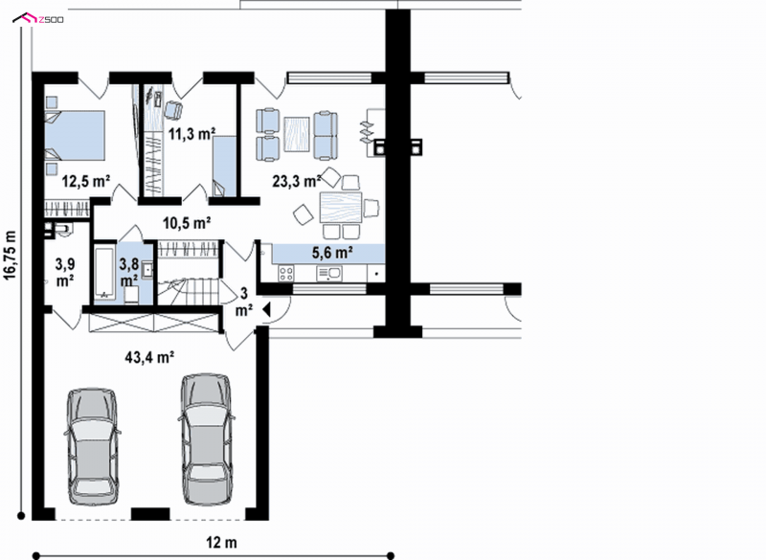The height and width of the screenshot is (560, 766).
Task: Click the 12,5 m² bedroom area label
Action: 86,181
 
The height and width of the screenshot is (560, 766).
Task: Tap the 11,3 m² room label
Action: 192,133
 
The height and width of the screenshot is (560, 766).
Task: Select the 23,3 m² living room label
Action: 297,181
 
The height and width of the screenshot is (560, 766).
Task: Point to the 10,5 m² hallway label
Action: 187,223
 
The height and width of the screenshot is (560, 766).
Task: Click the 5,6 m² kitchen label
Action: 333,253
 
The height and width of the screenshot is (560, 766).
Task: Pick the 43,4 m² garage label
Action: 150,357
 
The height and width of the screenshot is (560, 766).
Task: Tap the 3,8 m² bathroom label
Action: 129,273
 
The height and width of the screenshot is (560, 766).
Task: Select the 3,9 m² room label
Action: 64,273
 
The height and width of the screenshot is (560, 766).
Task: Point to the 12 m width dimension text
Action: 221,542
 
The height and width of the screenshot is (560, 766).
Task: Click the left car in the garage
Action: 92,446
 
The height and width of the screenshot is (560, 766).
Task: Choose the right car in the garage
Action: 206,439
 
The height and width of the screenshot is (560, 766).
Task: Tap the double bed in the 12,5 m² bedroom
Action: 75,135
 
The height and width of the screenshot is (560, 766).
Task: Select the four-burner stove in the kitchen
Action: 285,274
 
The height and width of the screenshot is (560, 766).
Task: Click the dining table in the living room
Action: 341,208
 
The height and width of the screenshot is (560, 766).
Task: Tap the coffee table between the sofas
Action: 297,134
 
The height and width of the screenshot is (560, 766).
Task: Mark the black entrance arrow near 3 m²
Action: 266,309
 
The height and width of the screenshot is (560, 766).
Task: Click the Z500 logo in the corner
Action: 38,19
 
